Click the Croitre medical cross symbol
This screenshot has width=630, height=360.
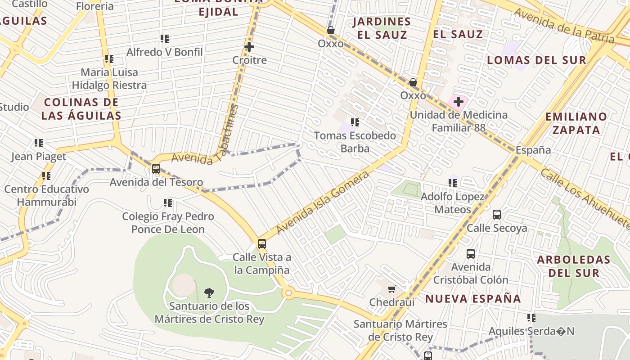[249, 47]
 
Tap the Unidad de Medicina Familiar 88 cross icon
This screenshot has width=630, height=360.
[458, 102]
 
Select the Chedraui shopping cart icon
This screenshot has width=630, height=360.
[391, 289]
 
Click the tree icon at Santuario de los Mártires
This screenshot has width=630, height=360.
[209, 293]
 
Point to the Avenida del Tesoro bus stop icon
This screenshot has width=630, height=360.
[156, 169]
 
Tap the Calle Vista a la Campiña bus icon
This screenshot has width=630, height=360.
[262, 244]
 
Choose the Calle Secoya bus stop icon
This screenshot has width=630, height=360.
[497, 215]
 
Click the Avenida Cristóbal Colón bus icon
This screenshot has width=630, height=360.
[470, 254]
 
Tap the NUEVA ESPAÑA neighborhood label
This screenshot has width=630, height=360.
[473, 299]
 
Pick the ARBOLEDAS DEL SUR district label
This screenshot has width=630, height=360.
[573, 266]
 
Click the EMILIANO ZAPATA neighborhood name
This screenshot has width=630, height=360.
[576, 123]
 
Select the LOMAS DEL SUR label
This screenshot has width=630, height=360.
[536, 60]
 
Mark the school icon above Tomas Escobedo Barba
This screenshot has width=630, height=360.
[355, 122]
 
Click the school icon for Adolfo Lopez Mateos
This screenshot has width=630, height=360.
[453, 183]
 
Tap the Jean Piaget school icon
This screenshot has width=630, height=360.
[39, 143]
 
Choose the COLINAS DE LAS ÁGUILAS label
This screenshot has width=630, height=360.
[81, 109]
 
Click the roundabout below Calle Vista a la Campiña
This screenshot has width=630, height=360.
[288, 293]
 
